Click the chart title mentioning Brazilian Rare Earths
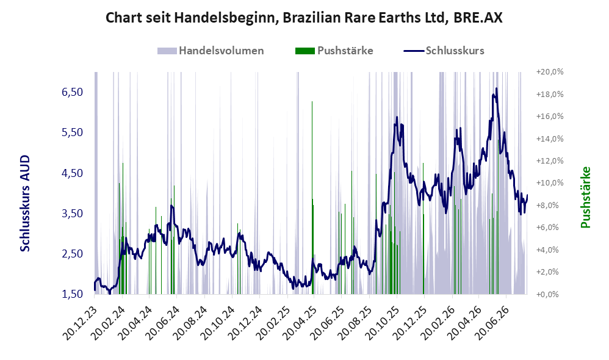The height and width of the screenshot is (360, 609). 304,18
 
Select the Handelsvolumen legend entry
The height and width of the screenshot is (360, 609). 211,51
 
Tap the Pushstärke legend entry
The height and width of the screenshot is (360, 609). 334,51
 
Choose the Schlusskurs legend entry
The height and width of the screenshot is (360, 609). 444,51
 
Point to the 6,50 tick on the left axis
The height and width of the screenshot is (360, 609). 72,92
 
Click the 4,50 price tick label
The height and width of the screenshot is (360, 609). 72,173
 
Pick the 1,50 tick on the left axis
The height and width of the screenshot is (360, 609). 72,294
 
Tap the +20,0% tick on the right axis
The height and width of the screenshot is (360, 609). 550,72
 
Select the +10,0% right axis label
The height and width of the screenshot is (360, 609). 550,183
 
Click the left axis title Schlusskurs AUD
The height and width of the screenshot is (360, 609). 25,203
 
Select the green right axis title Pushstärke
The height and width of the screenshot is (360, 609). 585,197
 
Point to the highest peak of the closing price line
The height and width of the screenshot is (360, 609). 496,88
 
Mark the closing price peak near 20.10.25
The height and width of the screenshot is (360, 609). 397,117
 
